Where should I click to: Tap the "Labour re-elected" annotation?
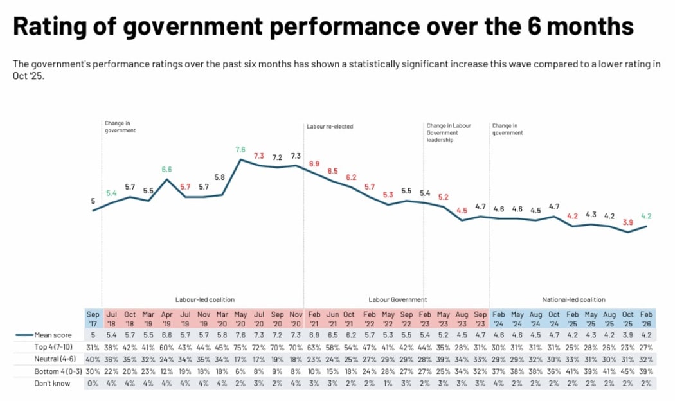tap(330, 127)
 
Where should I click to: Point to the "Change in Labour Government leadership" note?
tap(449, 132)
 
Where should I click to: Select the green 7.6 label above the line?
tap(241, 150)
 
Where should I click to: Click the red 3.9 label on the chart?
tap(628, 222)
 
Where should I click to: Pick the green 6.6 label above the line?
tap(166, 170)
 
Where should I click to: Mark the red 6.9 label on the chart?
tap(315, 165)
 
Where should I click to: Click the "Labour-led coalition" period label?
tap(205, 299)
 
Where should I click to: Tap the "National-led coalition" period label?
tap(574, 299)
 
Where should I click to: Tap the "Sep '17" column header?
tap(93, 319)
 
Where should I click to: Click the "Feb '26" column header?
tap(646, 319)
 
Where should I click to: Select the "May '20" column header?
tap(241, 319)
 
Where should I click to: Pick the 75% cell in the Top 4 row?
tap(241, 348)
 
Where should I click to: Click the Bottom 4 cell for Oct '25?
tap(628, 371)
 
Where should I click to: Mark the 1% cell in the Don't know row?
tap(389, 384)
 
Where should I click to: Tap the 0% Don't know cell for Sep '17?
tap(93, 384)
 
